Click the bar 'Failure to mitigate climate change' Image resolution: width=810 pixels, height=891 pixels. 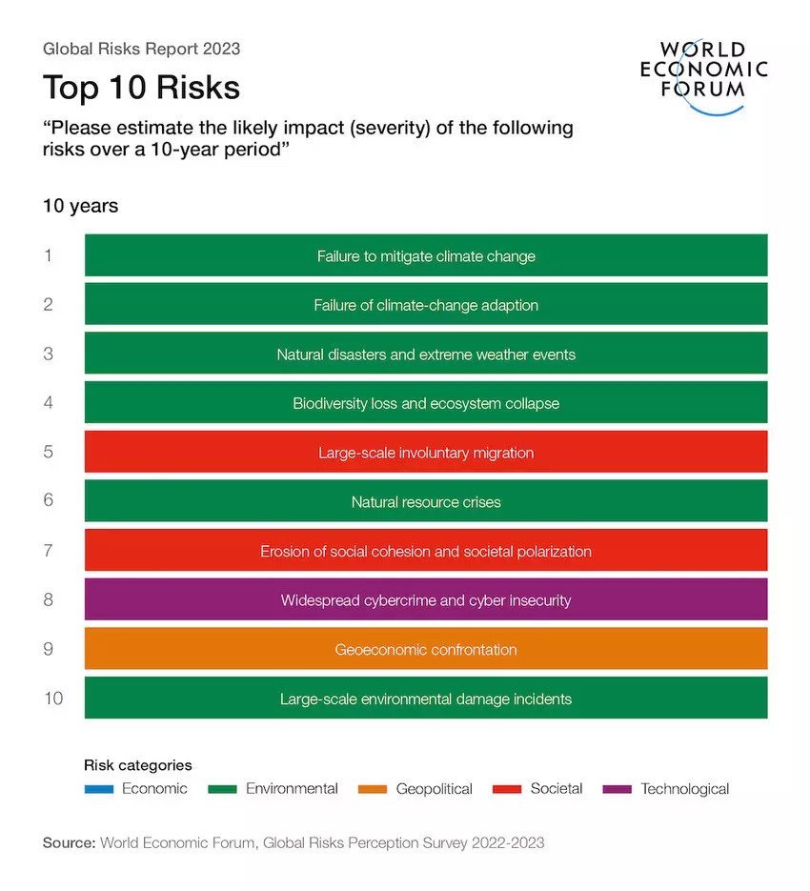click(426, 255)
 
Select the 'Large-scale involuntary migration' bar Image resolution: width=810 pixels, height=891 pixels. click(426, 453)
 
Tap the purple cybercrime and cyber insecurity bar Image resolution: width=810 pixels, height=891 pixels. click(426, 600)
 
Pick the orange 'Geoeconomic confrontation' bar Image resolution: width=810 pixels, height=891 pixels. click(426, 650)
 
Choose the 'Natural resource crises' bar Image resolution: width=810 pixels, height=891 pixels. click(426, 502)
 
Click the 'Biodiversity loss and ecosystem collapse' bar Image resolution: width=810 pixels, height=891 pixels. click(426, 403)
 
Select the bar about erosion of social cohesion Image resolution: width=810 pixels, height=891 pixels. click(426, 551)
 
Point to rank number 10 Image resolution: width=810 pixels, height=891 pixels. click(53, 699)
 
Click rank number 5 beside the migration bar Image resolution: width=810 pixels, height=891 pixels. click(49, 452)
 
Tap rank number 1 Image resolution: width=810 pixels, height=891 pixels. click(49, 255)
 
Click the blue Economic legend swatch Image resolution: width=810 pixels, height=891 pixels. click(99, 789)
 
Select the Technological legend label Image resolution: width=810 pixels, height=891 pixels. click(684, 789)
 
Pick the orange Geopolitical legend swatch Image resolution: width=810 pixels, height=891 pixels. click(372, 789)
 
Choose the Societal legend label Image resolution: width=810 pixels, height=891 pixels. click(557, 789)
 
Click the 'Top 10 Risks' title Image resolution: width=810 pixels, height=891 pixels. click(141, 88)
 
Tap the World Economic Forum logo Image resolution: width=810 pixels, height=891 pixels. click(704, 77)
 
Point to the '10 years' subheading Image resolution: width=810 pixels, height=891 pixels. click(80, 206)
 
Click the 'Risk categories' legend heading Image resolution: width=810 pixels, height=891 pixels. click(138, 765)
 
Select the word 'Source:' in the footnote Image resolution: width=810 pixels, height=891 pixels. click(69, 843)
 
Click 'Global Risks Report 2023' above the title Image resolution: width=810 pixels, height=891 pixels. click(141, 49)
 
